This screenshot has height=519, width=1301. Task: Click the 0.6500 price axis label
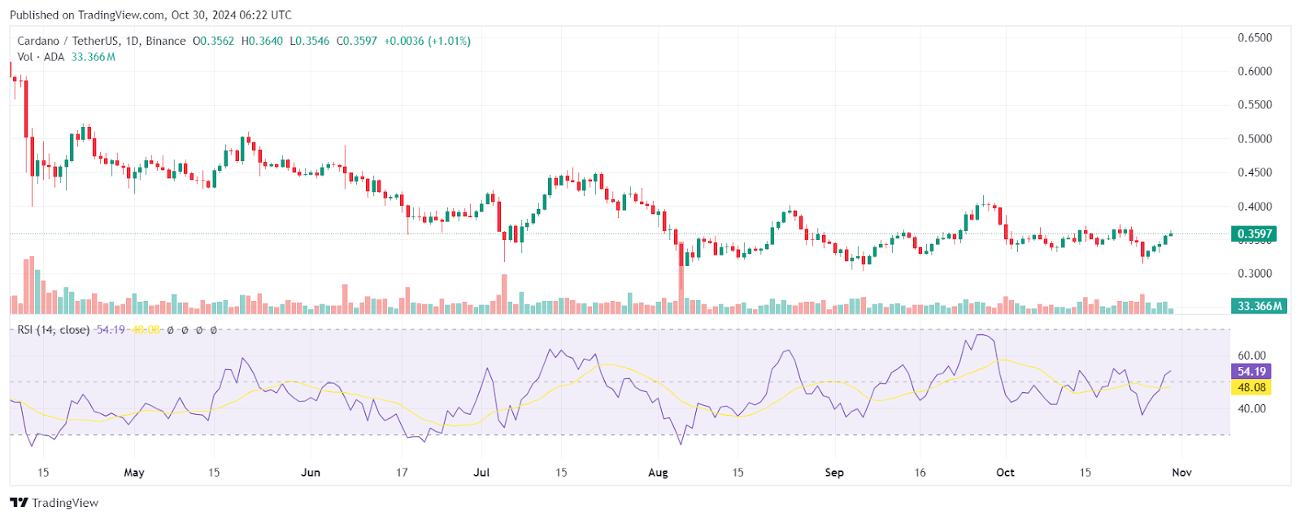pyautogui.click(x=1254, y=38)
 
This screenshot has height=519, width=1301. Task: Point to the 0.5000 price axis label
pyautogui.click(x=1254, y=139)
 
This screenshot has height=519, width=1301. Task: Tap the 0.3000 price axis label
pyautogui.click(x=1254, y=274)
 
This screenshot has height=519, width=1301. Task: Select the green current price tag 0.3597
pyautogui.click(x=1255, y=234)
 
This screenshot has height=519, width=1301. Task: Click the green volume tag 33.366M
pyautogui.click(x=1260, y=307)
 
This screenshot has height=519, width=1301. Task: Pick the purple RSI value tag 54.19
pyautogui.click(x=1251, y=372)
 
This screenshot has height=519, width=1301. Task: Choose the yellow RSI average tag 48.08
pyautogui.click(x=1251, y=388)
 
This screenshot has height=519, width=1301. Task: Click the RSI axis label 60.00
pyautogui.click(x=1251, y=355)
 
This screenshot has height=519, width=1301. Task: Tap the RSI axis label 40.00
pyautogui.click(x=1251, y=408)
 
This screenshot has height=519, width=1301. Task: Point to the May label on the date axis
pyautogui.click(x=134, y=473)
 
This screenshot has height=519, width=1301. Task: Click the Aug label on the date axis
pyautogui.click(x=658, y=473)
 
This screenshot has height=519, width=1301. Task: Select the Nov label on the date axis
pyautogui.click(x=1181, y=473)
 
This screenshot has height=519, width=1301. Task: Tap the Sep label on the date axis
pyautogui.click(x=834, y=473)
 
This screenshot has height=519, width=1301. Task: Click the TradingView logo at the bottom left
pyautogui.click(x=54, y=503)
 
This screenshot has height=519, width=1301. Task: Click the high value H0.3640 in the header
pyautogui.click(x=262, y=41)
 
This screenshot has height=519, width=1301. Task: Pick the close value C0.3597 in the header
pyautogui.click(x=357, y=41)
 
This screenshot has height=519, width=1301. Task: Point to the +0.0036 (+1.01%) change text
pyautogui.click(x=427, y=41)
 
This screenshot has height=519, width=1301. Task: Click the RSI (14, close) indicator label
pyautogui.click(x=53, y=330)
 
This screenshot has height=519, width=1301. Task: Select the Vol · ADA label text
pyautogui.click(x=41, y=57)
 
